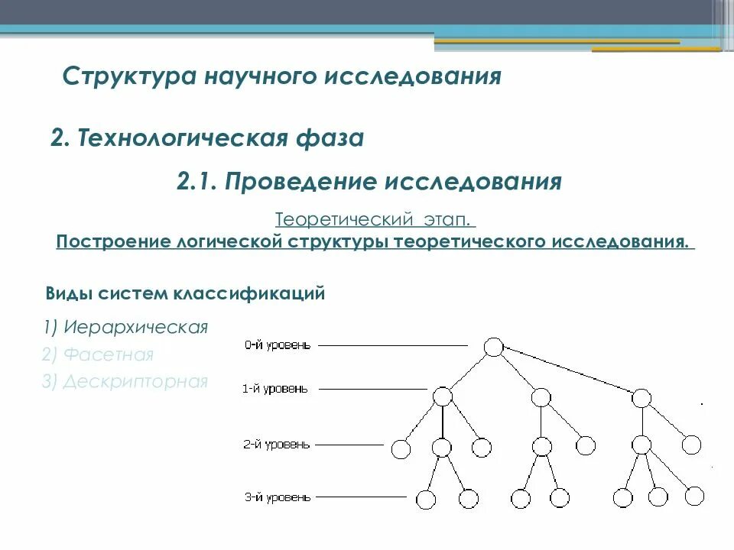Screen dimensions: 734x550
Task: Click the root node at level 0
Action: click(x=494, y=347)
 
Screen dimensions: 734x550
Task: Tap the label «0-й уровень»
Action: click(x=278, y=345)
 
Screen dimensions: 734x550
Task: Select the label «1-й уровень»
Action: click(x=275, y=389)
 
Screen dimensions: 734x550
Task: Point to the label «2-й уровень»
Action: click(x=277, y=445)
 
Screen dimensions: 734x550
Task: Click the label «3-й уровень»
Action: click(x=277, y=497)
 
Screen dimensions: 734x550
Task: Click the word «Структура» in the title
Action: click(x=129, y=76)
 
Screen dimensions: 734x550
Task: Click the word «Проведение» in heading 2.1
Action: click(x=300, y=182)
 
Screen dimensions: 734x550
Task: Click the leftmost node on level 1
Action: click(x=442, y=396)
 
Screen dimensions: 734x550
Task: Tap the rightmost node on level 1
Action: click(x=641, y=397)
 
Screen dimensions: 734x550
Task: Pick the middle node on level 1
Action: click(x=541, y=397)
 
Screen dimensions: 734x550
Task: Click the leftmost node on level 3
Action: click(x=426, y=500)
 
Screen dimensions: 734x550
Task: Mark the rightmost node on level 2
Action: click(x=690, y=445)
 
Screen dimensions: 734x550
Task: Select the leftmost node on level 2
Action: click(x=401, y=448)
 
